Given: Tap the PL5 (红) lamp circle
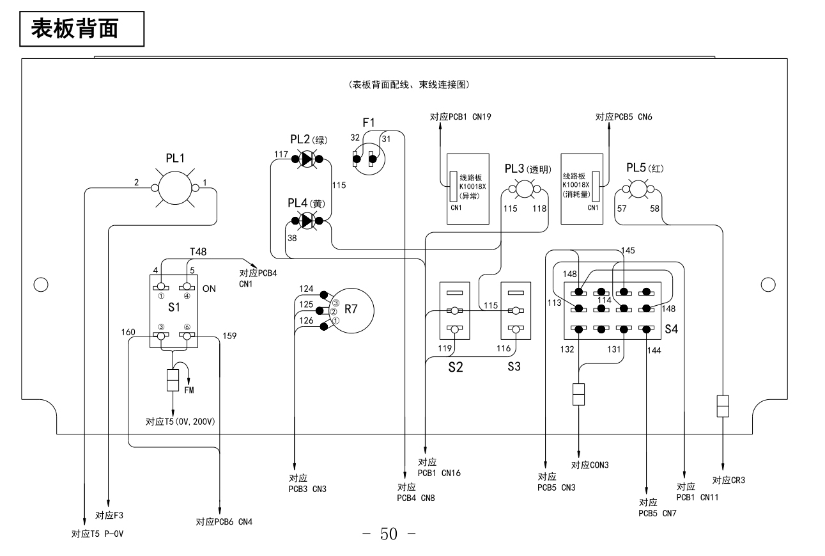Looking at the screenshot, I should (x=636, y=189).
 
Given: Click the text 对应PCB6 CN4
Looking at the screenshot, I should (x=224, y=521).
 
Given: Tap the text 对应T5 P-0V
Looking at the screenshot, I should (x=97, y=534).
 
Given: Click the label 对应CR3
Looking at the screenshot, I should (x=729, y=481).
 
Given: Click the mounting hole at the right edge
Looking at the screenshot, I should (x=769, y=283).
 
